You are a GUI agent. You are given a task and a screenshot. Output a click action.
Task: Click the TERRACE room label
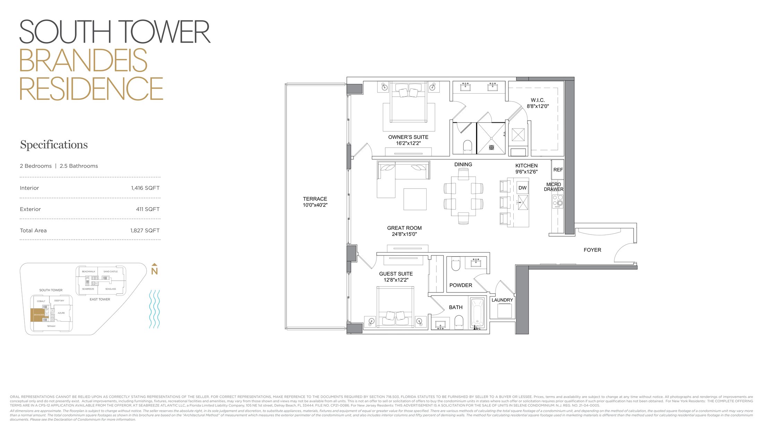(315, 199)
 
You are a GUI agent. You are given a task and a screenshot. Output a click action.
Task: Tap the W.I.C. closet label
(538, 100)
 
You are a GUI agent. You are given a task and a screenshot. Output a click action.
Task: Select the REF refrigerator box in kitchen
(558, 170)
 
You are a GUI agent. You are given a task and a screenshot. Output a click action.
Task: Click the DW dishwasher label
(522, 188)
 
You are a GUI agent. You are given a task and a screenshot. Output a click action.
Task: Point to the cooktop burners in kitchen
(558, 201)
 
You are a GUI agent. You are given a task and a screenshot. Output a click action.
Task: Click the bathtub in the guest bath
(478, 313)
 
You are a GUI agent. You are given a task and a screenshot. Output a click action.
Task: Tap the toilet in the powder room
(456, 265)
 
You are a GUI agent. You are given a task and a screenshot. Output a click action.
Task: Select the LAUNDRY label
(502, 300)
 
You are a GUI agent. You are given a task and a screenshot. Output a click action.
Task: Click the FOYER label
(592, 250)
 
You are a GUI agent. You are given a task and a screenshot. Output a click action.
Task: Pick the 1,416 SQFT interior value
(145, 188)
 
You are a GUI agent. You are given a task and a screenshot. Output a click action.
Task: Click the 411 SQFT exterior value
(147, 209)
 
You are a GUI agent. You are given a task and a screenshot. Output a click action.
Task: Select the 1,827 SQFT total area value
(145, 230)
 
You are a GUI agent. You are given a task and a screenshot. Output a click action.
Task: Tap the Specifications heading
(54, 145)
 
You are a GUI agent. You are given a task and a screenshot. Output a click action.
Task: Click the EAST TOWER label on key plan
(100, 299)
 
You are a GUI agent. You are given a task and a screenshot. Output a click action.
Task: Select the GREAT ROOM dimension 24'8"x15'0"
(404, 234)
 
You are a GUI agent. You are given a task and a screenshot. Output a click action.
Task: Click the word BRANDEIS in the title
(83, 61)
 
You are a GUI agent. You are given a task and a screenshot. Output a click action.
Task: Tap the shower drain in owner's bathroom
(491, 148)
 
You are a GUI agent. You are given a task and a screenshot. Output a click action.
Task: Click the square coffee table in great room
(415, 199)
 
